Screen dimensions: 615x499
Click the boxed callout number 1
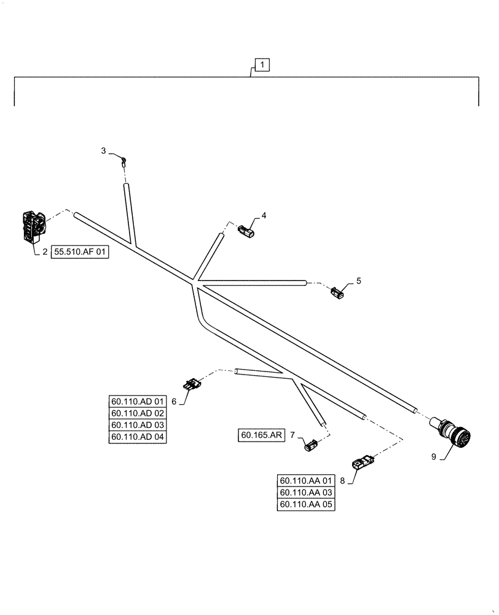point(262,65)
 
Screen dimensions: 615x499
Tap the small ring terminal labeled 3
point(124,162)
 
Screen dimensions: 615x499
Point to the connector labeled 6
point(191,384)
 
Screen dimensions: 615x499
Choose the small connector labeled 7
point(312,444)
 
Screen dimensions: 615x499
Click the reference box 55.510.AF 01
point(81,252)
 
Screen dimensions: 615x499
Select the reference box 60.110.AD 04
point(138,437)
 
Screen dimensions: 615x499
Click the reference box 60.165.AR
point(261,435)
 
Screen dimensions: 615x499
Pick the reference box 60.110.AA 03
point(307,493)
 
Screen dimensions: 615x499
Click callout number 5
point(359,281)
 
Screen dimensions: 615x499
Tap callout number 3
point(104,151)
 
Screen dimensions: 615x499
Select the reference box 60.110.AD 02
point(138,413)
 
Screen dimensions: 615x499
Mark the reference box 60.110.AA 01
point(307,481)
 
